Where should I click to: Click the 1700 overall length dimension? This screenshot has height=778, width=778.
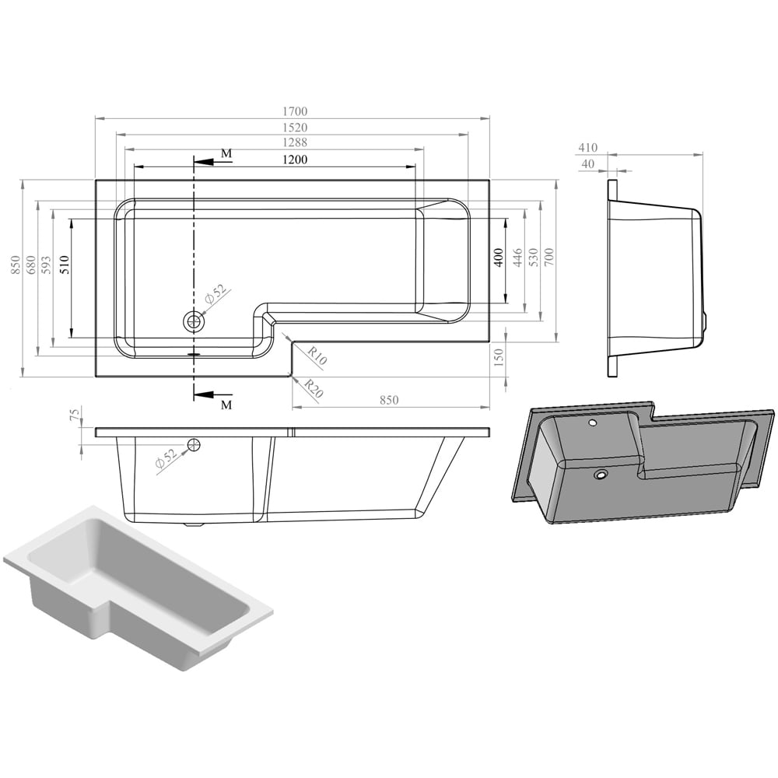(295, 111)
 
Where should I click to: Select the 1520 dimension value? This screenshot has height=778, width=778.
(295, 128)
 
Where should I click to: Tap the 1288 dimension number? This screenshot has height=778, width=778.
(295, 142)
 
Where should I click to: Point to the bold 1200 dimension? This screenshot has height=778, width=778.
(295, 159)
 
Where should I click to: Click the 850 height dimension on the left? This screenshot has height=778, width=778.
(16, 265)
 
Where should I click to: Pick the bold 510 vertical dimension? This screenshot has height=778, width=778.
(65, 265)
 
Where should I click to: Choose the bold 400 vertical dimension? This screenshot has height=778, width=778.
(499, 258)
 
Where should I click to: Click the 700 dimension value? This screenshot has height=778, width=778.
(548, 257)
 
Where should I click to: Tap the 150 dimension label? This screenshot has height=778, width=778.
(499, 357)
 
